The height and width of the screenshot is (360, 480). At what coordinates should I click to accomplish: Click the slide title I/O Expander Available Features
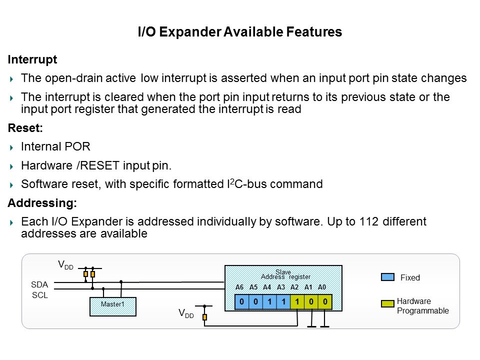tap(240, 32)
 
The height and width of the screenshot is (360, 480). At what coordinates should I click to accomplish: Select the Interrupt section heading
tap(32, 60)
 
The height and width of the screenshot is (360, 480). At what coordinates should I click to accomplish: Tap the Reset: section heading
tap(25, 128)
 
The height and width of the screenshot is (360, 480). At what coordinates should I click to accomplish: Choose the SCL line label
tap(39, 295)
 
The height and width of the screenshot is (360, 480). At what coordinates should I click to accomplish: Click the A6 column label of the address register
tap(239, 287)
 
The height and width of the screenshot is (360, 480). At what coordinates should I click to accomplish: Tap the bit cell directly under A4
tap(269, 301)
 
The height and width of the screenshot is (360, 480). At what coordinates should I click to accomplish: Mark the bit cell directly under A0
tap(325, 301)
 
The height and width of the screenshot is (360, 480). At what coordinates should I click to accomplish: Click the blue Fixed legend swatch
tap(388, 277)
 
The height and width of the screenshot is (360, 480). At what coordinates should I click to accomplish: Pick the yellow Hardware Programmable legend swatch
tap(388, 303)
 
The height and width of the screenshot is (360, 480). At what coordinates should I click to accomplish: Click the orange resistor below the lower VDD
tap(204, 317)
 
